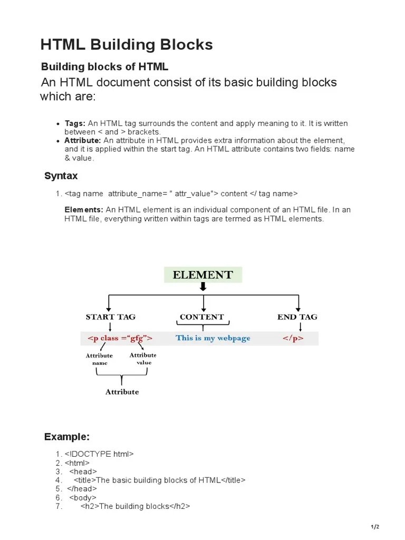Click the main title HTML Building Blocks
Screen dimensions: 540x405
point(127,45)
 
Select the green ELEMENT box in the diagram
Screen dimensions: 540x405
point(202,275)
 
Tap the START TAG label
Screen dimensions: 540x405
point(111,317)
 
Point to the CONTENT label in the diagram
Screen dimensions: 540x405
point(201,317)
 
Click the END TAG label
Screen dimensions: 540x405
point(297,317)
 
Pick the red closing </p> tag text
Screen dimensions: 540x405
point(293,338)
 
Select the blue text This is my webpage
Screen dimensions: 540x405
point(213,338)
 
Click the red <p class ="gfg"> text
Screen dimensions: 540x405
point(120,338)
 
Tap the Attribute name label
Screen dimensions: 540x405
point(99,359)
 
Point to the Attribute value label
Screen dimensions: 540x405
point(143,359)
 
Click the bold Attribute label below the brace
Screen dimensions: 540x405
point(122,392)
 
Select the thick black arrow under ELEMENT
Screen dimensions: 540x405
point(203,287)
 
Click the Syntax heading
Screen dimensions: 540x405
point(61,176)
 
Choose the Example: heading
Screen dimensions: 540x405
point(67,437)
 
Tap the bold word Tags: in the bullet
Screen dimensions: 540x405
point(75,123)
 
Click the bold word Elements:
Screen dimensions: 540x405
point(84,210)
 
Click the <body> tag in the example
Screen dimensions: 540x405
point(83,498)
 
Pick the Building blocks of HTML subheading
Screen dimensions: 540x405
point(104,67)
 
